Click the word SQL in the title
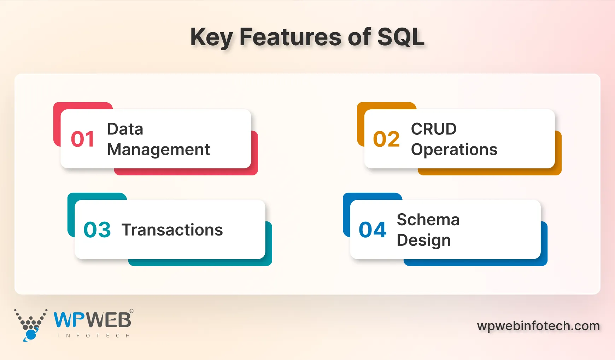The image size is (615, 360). (x=401, y=37)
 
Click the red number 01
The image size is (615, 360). (x=82, y=139)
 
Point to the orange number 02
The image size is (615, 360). (x=386, y=139)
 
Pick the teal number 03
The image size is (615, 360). (x=97, y=230)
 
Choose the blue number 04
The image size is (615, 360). (x=373, y=230)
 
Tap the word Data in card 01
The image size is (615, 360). (x=125, y=129)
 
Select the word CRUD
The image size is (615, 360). (x=434, y=129)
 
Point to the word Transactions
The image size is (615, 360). (x=172, y=230)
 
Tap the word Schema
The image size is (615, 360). (x=428, y=220)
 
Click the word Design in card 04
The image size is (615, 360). (x=423, y=240)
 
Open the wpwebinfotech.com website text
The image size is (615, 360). (x=538, y=326)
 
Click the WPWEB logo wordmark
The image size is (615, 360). (x=92, y=320)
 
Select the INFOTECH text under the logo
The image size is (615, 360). (x=94, y=336)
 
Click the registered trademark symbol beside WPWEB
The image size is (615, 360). (x=131, y=311)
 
